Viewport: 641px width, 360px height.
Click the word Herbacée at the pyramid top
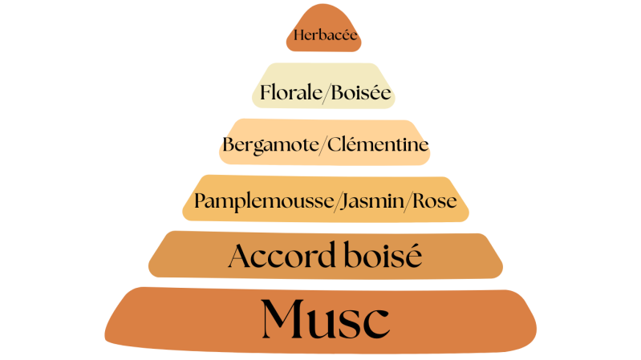coord(325,35)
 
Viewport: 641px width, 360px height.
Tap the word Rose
coord(436,200)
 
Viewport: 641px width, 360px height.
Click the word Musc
coord(325,318)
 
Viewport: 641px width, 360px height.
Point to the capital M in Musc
coord(282,318)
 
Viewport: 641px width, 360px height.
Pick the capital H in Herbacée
coord(298,35)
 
